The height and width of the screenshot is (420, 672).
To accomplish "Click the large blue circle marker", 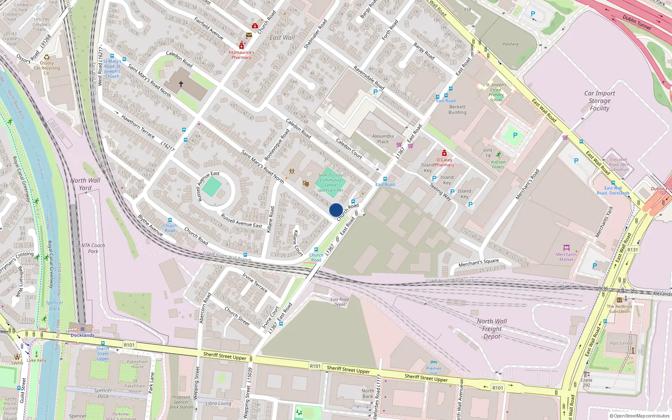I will (x=336, y=210).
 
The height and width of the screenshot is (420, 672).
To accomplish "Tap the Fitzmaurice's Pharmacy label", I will (x=241, y=55).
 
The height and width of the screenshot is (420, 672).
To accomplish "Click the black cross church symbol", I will (x=181, y=84).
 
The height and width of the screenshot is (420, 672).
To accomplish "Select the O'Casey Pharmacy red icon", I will (x=444, y=153).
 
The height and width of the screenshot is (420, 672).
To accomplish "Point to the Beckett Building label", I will (x=457, y=110).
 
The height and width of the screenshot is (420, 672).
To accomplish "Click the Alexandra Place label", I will (x=383, y=139).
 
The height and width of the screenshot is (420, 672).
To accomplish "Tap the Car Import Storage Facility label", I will (x=599, y=101).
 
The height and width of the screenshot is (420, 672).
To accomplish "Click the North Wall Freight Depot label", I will (x=492, y=329).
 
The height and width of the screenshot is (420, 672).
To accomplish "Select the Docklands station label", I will (x=82, y=335).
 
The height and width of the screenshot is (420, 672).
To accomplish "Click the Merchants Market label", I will (x=566, y=257).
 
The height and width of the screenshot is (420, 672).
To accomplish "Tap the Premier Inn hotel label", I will (x=434, y=370).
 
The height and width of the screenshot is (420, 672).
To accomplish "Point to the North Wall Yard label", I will (x=85, y=184).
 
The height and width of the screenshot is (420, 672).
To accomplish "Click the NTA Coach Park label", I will (x=93, y=248).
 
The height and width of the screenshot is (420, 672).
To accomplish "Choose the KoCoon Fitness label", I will (x=498, y=164).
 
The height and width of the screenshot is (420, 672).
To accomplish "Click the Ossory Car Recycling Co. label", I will (x=47, y=68).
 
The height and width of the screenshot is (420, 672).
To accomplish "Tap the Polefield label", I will (x=510, y=44).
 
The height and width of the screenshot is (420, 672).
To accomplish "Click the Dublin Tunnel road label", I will (x=637, y=22).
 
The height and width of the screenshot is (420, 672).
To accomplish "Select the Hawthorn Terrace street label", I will (x=138, y=126).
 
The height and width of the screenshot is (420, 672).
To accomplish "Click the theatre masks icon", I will (x=306, y=184).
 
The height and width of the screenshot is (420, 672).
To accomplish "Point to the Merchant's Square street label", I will (x=478, y=263).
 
